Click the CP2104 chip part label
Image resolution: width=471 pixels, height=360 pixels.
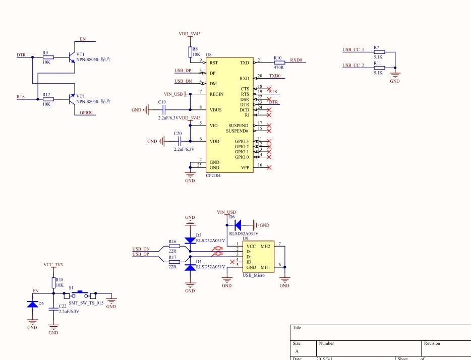(x=213, y=175)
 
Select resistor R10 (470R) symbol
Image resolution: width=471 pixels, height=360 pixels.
(x=279, y=63)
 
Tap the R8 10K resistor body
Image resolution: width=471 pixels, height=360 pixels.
(x=190, y=52)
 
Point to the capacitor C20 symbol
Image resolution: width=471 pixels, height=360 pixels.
(x=178, y=141)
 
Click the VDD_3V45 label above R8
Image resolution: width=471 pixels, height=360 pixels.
(x=190, y=34)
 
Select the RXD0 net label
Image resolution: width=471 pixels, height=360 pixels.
(x=296, y=60)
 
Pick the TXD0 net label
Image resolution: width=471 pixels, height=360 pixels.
(x=275, y=76)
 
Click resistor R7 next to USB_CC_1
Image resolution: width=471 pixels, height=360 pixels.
(x=379, y=52)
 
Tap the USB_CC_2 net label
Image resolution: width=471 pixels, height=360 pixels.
(x=353, y=66)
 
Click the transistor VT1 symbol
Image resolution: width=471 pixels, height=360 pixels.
(x=71, y=56)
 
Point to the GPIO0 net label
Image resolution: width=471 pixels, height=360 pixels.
(x=86, y=113)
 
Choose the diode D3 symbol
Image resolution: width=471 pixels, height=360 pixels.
(x=190, y=241)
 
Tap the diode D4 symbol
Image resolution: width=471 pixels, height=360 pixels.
(x=190, y=267)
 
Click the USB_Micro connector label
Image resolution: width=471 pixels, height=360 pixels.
(x=254, y=275)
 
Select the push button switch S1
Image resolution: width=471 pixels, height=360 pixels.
(x=83, y=293)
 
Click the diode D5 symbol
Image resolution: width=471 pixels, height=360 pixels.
(x=32, y=304)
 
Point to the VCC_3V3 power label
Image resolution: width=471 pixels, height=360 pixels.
(x=53, y=265)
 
